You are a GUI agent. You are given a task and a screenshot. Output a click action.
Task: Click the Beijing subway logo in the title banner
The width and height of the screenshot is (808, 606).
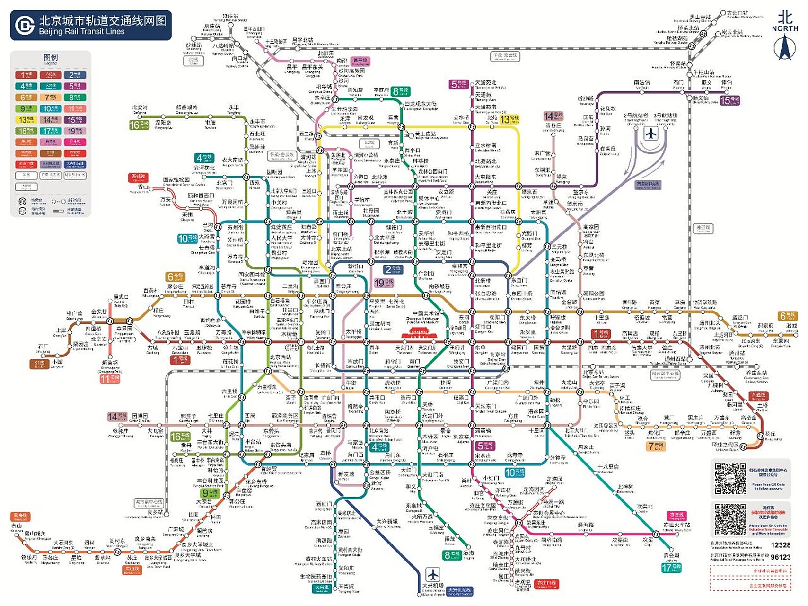tap(25, 25)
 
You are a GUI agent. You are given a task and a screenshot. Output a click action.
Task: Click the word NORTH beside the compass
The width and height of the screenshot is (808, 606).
tap(785, 28)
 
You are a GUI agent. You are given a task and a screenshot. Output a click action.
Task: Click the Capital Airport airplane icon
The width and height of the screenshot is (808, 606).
tap(651, 134)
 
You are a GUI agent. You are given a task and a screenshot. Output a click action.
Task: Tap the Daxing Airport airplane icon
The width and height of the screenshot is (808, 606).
tap(432, 575)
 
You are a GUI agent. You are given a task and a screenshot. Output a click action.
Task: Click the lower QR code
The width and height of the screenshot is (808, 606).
tap(730, 520)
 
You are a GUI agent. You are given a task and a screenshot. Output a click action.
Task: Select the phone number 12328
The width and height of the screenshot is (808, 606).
tap(780, 545)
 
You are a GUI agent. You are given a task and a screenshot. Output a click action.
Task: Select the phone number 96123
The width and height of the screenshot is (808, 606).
tap(780, 557)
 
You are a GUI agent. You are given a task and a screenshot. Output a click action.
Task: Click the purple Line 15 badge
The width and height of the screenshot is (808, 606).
tap(729, 100)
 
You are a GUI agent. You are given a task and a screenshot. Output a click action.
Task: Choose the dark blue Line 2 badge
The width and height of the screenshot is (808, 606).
tap(393, 269)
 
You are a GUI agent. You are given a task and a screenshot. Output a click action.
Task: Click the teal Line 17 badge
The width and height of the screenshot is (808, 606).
tap(671, 568)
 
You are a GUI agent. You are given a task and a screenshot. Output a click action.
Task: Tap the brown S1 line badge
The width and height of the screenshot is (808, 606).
tap(39, 363)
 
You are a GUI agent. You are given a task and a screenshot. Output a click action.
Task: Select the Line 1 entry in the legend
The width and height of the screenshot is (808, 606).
tap(26, 75)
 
